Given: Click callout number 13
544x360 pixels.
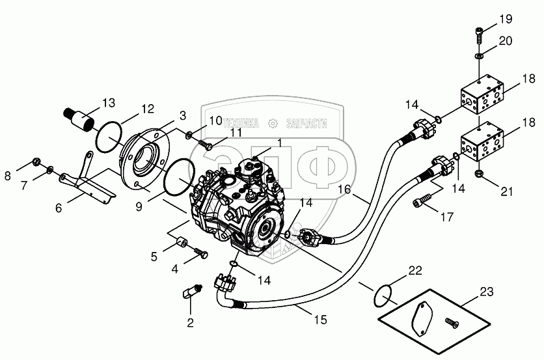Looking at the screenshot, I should (108, 102).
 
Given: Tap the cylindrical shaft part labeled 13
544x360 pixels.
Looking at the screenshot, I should (81, 121).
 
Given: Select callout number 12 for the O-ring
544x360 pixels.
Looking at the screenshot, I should (148, 109).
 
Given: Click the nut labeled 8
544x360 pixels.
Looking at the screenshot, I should (37, 163).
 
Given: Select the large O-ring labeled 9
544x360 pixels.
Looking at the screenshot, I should (177, 178).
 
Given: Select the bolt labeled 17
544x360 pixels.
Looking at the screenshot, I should (422, 199).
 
